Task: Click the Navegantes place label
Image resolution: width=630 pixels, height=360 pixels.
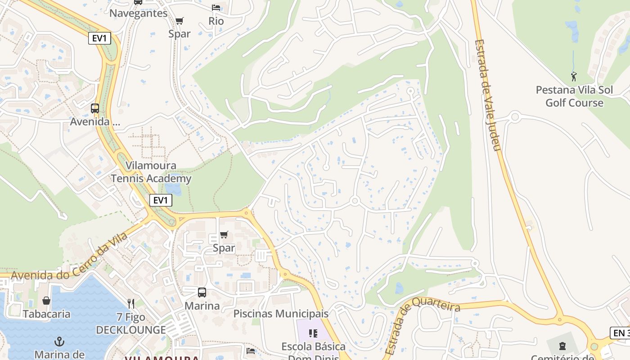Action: [138, 13]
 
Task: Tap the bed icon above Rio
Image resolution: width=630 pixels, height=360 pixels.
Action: [216, 8]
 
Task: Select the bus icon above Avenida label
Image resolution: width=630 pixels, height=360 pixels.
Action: [94, 108]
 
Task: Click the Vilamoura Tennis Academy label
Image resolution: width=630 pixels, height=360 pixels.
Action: [151, 172]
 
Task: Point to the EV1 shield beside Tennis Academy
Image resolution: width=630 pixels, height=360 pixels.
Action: [161, 200]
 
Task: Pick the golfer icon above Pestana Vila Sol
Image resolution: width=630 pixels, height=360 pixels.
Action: [574, 76]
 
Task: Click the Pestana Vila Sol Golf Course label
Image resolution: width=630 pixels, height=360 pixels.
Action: [574, 96]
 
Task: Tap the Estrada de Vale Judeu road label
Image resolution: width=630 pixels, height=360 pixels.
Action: [488, 95]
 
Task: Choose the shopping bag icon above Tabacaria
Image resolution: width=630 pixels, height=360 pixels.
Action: [46, 301]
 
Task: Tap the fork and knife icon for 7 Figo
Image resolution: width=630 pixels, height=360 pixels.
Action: [131, 304]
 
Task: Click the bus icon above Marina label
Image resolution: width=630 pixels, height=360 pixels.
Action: [202, 292]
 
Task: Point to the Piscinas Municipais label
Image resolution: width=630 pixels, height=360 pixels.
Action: [281, 313]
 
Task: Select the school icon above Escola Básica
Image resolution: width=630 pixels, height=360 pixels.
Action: [313, 333]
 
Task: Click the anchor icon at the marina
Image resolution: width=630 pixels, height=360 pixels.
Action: [59, 342]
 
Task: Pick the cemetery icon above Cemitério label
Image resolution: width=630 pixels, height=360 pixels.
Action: [562, 346]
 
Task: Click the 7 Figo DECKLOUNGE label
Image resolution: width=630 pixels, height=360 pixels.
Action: [131, 324]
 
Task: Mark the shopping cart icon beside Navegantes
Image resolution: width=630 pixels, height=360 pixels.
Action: [179, 21]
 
